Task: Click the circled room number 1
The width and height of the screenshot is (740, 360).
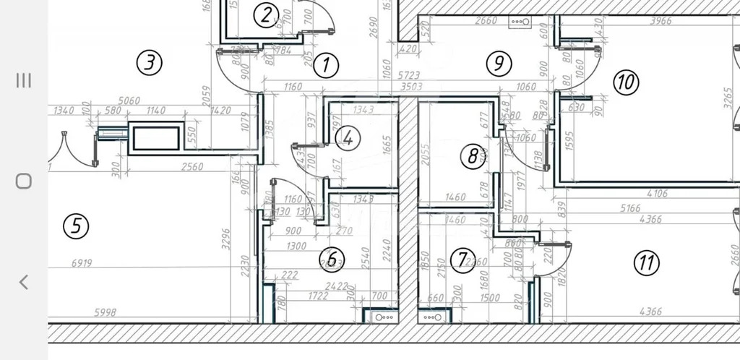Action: (326, 65)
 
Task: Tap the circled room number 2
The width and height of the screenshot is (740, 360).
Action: (267, 14)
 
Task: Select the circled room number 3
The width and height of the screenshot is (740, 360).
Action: (149, 63)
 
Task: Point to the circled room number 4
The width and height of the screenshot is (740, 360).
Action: (348, 137)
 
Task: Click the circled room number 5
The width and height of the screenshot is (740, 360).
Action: (76, 227)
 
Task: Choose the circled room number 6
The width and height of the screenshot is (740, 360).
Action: (332, 259)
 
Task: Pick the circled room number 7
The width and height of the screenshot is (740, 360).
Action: (462, 261)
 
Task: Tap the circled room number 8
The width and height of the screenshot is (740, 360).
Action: (473, 155)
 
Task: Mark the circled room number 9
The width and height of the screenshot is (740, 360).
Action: (498, 64)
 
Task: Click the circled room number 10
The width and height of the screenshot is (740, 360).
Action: (626, 82)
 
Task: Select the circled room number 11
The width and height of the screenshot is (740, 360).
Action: (646, 263)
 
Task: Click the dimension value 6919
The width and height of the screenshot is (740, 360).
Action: (82, 263)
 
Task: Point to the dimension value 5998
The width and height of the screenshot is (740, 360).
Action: (106, 312)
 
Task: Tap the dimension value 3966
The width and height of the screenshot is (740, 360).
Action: (661, 21)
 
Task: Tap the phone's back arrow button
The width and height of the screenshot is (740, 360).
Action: (23, 282)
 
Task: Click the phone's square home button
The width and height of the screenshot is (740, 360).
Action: (23, 181)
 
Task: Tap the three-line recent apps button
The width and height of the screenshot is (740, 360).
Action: (23, 80)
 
